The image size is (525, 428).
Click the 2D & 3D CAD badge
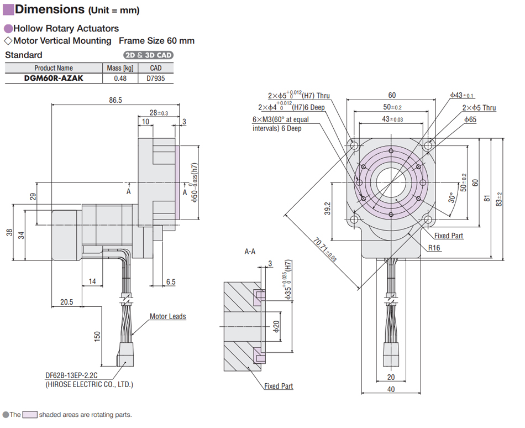[148, 55]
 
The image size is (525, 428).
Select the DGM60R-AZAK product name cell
[54, 78]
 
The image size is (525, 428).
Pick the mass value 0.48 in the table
[120, 78]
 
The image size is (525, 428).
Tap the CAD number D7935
[156, 78]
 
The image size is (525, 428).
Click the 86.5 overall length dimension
[116, 100]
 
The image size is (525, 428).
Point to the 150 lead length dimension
[97, 336]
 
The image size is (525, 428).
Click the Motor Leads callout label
[168, 317]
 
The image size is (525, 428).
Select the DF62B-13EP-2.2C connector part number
[71, 375]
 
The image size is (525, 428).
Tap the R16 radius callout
[435, 248]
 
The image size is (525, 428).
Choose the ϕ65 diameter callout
[470, 119]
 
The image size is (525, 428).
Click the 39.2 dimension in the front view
[327, 208]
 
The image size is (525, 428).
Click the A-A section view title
[250, 251]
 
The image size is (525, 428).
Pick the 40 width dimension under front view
[391, 389]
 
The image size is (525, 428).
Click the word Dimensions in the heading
[49, 9]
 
